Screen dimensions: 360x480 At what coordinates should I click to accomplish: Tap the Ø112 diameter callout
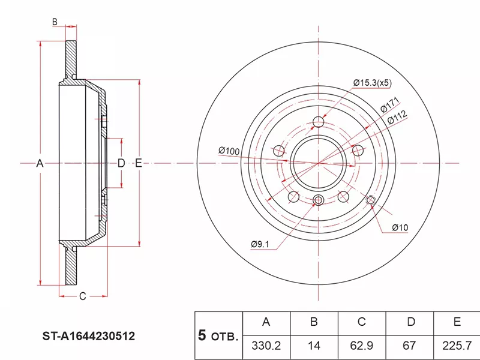click(397, 118)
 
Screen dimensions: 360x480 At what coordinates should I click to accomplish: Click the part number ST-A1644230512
click(88, 337)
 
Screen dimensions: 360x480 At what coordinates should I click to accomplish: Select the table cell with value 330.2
click(266, 346)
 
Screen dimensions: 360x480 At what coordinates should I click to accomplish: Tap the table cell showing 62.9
click(361, 346)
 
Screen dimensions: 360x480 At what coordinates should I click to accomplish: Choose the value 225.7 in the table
click(457, 346)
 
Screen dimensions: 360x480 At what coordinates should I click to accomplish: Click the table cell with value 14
click(314, 346)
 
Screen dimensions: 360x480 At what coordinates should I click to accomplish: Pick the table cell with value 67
click(410, 346)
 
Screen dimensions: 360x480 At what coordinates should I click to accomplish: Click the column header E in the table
click(457, 322)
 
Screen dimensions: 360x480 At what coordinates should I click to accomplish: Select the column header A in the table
click(266, 322)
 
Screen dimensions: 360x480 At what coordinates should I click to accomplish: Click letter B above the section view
click(55, 22)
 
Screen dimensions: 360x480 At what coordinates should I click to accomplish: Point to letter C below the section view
click(83, 296)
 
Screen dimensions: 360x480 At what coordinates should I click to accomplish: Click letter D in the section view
click(121, 163)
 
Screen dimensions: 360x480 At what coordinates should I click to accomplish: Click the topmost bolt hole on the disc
click(319, 124)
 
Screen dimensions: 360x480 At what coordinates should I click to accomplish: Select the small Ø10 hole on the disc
click(370, 200)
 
